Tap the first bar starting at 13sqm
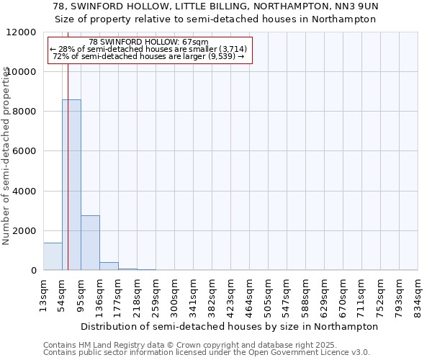tap(53, 256)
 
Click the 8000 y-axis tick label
tap(24, 112)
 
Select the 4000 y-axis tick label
tap(24, 192)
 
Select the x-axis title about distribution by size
tap(229, 326)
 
